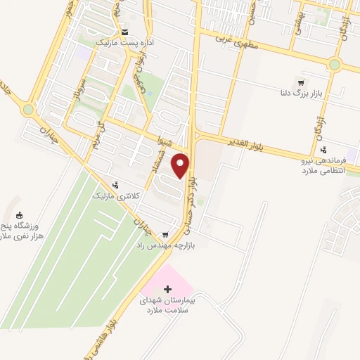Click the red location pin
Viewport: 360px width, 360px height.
182,165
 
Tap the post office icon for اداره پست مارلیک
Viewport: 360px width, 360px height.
124,32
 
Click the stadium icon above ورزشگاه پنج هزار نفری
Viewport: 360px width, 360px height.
19,215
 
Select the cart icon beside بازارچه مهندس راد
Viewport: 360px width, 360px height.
165,234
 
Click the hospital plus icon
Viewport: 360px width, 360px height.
167,290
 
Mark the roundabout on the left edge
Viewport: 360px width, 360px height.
27,109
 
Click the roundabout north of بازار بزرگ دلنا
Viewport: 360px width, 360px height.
334,65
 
